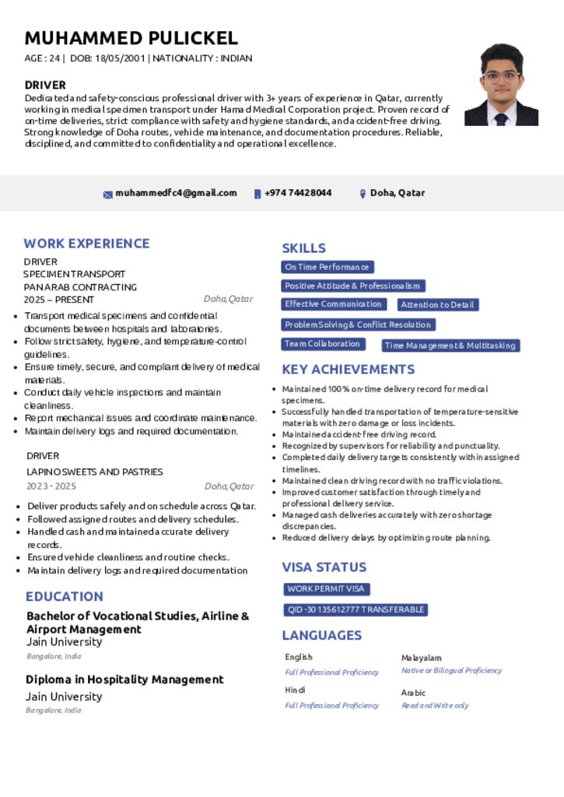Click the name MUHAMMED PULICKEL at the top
pos(131,38)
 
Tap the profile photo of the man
pos(501,85)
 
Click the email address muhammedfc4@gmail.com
pos(176,193)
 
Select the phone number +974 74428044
pos(298,193)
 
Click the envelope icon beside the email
pos(108,194)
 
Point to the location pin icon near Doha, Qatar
pos(363,194)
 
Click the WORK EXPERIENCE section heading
pos(86,244)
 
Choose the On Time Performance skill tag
pos(327,267)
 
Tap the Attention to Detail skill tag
pos(438,305)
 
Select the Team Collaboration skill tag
pos(322,344)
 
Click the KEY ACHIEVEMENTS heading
pos(348,370)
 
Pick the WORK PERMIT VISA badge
pos(326,589)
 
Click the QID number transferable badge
pos(356,609)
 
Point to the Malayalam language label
pos(421,658)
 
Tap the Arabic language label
pos(413,693)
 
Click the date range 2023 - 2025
pos(51,486)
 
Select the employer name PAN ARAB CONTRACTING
pos(80,287)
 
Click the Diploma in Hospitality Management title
pos(124,679)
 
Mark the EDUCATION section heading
pos(65,597)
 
